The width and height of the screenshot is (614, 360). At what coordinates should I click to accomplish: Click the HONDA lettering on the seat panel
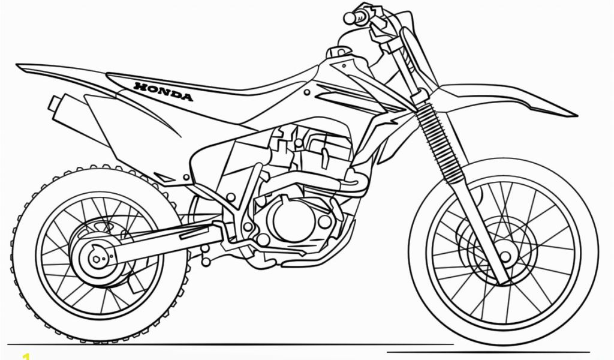[163, 91]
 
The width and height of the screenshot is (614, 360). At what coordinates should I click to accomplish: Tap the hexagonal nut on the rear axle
[95, 259]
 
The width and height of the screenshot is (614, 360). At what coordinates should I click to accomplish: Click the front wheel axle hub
[505, 257]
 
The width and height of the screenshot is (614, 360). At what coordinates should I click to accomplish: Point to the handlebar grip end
[348, 17]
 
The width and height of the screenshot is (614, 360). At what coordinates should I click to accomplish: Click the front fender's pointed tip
[575, 115]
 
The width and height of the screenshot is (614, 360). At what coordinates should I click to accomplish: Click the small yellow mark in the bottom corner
[25, 356]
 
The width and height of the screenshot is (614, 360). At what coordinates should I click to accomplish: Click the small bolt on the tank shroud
[307, 92]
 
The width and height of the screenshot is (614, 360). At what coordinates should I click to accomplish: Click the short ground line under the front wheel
[488, 352]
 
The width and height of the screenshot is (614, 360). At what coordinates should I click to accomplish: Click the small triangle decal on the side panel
[164, 176]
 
